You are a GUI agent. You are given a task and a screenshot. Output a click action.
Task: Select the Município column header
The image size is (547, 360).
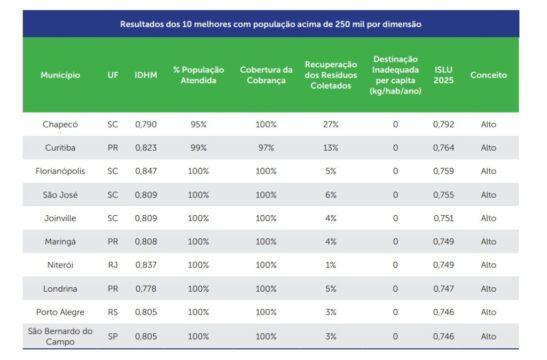pos(60,75)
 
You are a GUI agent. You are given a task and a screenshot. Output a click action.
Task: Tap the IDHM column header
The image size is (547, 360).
pos(145,75)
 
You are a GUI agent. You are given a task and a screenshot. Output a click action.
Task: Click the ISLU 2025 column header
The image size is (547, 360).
pos(443,75)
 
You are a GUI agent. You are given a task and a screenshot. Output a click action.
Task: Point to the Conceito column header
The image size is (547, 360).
pos(489,75)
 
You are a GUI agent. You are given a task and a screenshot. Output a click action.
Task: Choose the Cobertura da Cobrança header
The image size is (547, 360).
pos(266,75)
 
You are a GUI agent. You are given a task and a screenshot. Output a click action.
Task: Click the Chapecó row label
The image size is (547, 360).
pos(60,124)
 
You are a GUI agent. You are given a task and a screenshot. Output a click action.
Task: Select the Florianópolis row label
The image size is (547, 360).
pos(60,171)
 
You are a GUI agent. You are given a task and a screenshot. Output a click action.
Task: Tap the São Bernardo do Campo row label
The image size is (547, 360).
pos(60,336)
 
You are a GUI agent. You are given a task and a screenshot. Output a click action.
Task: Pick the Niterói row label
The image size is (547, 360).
pos(60,265)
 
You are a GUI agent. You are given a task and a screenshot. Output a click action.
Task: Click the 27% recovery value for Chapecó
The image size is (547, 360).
pos(330,124)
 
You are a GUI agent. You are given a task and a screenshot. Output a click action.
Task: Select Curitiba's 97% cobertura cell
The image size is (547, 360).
pos(266,147)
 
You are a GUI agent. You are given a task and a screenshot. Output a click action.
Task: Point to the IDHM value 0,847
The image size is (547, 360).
pos(145,171)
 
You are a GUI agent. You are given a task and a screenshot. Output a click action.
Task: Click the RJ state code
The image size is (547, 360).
pos(112,265)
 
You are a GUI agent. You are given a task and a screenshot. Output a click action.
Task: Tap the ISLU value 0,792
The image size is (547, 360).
pos(443,124)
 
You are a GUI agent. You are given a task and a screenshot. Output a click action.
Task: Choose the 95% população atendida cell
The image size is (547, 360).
pos(198,124)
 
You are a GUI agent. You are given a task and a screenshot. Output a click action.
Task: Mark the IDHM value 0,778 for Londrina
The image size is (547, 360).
pos(145,289)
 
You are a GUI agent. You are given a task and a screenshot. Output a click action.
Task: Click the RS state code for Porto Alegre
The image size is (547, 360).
pos(112,312)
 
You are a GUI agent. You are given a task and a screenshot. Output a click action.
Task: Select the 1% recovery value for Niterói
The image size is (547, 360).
pos(330,265)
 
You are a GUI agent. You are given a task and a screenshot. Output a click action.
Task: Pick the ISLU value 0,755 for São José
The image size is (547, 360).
pos(443,195)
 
